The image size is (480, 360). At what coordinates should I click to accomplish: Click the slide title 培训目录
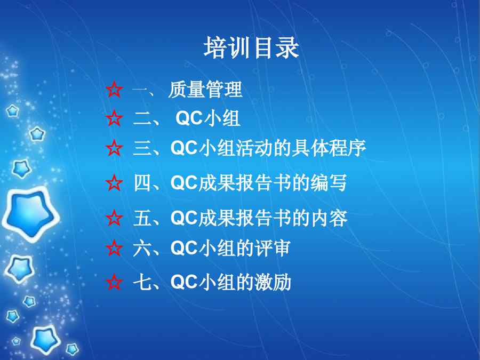[x=251, y=47]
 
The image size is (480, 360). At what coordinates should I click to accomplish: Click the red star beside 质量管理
[x=114, y=90]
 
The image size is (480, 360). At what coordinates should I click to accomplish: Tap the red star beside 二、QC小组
[x=114, y=118]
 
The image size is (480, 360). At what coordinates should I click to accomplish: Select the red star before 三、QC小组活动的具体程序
[x=114, y=148]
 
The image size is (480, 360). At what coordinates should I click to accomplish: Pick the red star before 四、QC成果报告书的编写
[x=114, y=183]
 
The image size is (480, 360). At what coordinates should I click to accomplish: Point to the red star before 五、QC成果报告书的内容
[x=114, y=218]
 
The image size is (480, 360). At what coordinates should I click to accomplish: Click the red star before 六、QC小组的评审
[x=114, y=248]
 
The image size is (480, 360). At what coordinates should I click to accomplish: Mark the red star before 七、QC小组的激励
[x=114, y=282]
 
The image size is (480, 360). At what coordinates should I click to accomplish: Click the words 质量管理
[x=205, y=90]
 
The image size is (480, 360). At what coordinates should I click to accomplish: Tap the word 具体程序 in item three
[x=329, y=148]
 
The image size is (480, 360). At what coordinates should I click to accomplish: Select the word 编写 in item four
[x=329, y=183]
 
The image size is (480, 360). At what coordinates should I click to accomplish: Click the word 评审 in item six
[x=272, y=248]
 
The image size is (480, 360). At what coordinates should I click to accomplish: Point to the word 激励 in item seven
[x=273, y=282]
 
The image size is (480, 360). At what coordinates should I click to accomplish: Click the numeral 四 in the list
[x=142, y=183]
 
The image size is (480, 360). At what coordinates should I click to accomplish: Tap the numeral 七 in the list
[x=142, y=282]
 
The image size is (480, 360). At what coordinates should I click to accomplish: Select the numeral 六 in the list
[x=142, y=248]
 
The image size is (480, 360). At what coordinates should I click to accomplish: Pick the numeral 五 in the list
[x=142, y=218]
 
